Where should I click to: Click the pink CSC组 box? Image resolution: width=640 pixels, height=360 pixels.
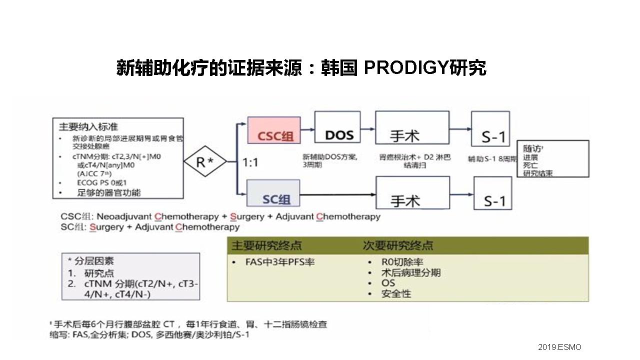pyautogui.click(x=274, y=131)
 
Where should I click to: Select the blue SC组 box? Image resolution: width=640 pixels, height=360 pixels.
pyautogui.click(x=274, y=193)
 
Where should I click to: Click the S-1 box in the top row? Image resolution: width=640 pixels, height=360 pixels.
pyautogui.click(x=494, y=129)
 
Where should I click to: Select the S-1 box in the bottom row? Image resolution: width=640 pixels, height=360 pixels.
pyautogui.click(x=494, y=193)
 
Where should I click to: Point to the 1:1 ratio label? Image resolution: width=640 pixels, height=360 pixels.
pyautogui.click(x=251, y=162)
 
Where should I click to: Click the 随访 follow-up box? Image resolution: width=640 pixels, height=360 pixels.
pyautogui.click(x=552, y=158)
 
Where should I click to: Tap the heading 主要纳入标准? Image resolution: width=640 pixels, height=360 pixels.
pyautogui.click(x=88, y=126)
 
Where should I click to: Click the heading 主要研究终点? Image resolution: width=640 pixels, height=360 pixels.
pyautogui.click(x=266, y=245)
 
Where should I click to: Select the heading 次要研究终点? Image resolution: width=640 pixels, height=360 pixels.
pyautogui.click(x=398, y=245)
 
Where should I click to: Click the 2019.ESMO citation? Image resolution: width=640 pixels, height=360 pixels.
pyautogui.click(x=559, y=347)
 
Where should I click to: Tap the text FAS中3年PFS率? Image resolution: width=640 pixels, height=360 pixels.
pyautogui.click(x=280, y=262)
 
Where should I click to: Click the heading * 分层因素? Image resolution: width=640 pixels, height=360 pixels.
pyautogui.click(x=91, y=261)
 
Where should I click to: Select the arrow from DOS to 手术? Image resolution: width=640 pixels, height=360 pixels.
pyautogui.click(x=367, y=128)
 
